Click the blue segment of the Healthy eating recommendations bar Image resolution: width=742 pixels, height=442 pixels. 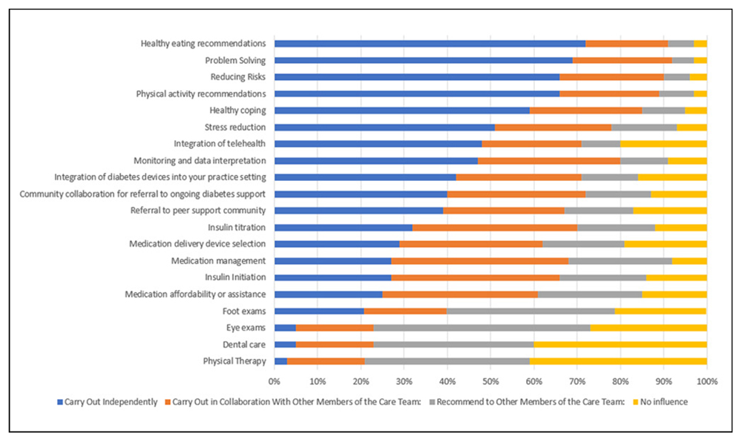point(430,44)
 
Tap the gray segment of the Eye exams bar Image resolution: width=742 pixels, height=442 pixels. point(482,328)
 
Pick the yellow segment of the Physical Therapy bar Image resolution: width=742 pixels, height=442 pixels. point(618,361)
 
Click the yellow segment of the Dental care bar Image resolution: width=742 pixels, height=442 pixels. point(620,344)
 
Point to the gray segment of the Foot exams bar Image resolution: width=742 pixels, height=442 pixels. point(531,311)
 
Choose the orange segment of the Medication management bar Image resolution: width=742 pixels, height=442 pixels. point(480,261)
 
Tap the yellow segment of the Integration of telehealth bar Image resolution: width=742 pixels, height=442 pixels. point(663,144)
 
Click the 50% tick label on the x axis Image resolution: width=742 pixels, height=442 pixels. point(490,381)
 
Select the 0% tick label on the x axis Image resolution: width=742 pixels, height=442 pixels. point(275,381)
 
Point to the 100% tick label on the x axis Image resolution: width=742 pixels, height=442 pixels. point(706,381)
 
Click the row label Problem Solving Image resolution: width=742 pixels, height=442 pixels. point(235,61)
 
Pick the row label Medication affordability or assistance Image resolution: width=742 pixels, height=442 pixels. point(195,294)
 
